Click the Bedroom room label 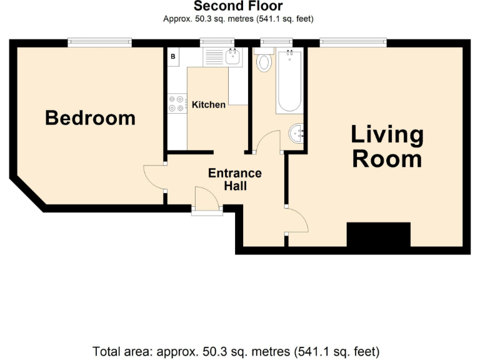[90, 117]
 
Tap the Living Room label [386, 146]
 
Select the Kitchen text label [208, 104]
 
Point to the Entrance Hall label [235, 179]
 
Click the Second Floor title [238, 6]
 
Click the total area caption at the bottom [236, 351]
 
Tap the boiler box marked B [173, 56]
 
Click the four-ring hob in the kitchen [176, 103]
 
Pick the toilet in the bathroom [264, 62]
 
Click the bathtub [289, 81]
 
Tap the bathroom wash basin [296, 133]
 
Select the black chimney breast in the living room [378, 235]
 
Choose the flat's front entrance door [207, 201]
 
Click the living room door [296, 220]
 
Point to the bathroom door [269, 141]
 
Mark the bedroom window [100, 42]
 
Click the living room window [353, 42]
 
